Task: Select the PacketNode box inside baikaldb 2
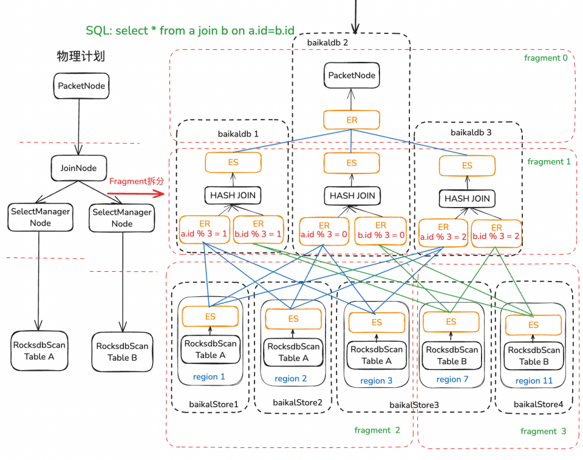pos(352,76)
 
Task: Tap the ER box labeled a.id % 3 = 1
pos(205,229)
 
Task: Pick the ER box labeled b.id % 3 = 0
pos(380,230)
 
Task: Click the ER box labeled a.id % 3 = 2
pos(443,232)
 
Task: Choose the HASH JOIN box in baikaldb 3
pos(467,198)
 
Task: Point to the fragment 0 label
pos(545,58)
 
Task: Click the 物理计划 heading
pos(81,56)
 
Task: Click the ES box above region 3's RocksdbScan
pos(377,322)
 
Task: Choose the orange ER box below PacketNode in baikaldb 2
pos(352,120)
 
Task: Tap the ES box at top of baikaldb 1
pos(233,163)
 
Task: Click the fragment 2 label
pos(377,430)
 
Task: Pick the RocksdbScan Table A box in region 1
pos(210,350)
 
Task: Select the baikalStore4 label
pos(538,404)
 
